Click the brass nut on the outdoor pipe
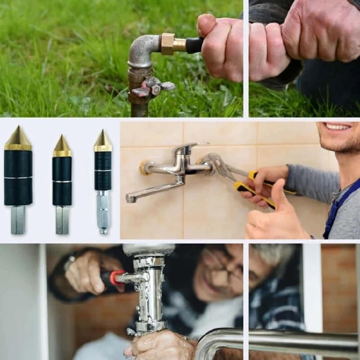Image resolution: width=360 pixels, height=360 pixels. point(168,44)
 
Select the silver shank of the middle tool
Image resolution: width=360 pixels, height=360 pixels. point(62,220)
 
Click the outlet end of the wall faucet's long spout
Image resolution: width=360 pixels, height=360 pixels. point(130,198)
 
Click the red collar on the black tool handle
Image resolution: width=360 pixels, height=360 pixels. point(116,277)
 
